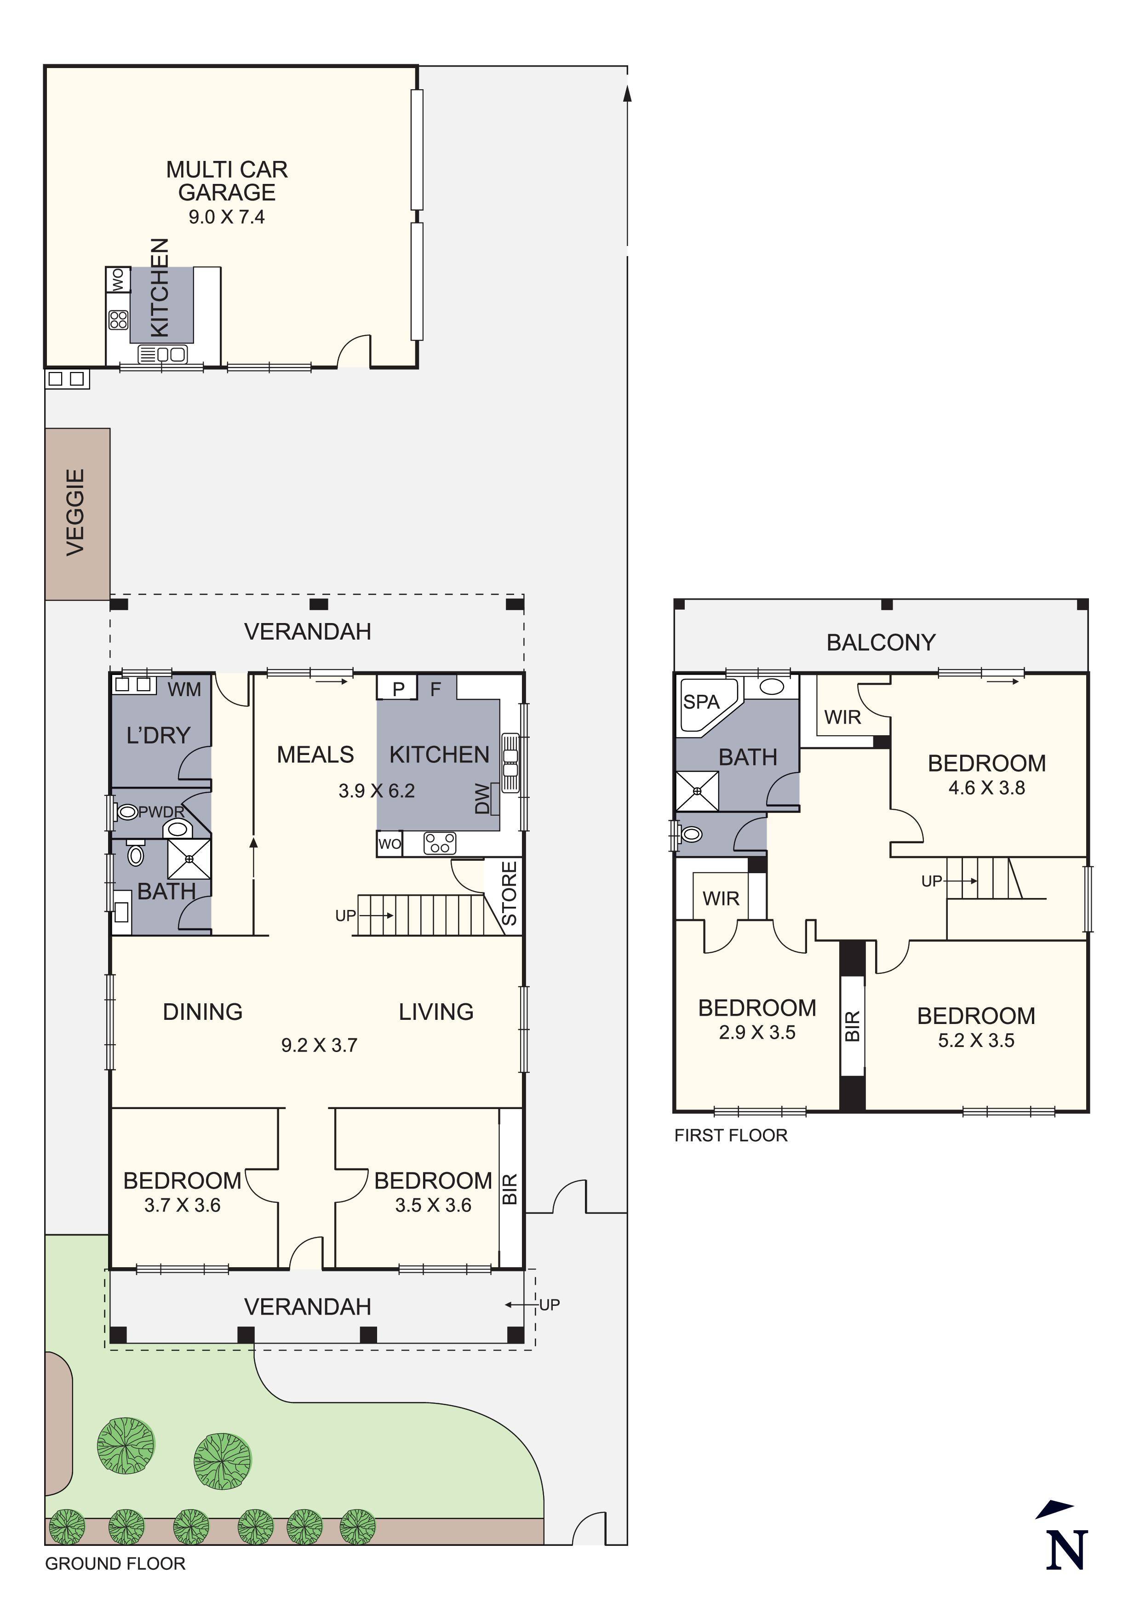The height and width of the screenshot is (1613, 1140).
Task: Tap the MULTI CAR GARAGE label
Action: coord(227,181)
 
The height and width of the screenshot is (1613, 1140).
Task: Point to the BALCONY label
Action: coord(881,642)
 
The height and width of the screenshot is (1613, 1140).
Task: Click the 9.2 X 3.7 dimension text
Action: coord(319,1045)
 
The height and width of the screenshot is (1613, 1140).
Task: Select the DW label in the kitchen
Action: coord(482,798)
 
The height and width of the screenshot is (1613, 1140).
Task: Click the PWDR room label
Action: coord(161,812)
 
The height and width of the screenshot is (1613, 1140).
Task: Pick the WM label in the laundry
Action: coord(184,689)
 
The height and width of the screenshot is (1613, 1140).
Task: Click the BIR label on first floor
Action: coord(852,1026)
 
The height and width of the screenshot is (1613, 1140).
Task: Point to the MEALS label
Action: coord(315,755)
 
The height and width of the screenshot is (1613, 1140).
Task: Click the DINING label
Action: coord(202,1012)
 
